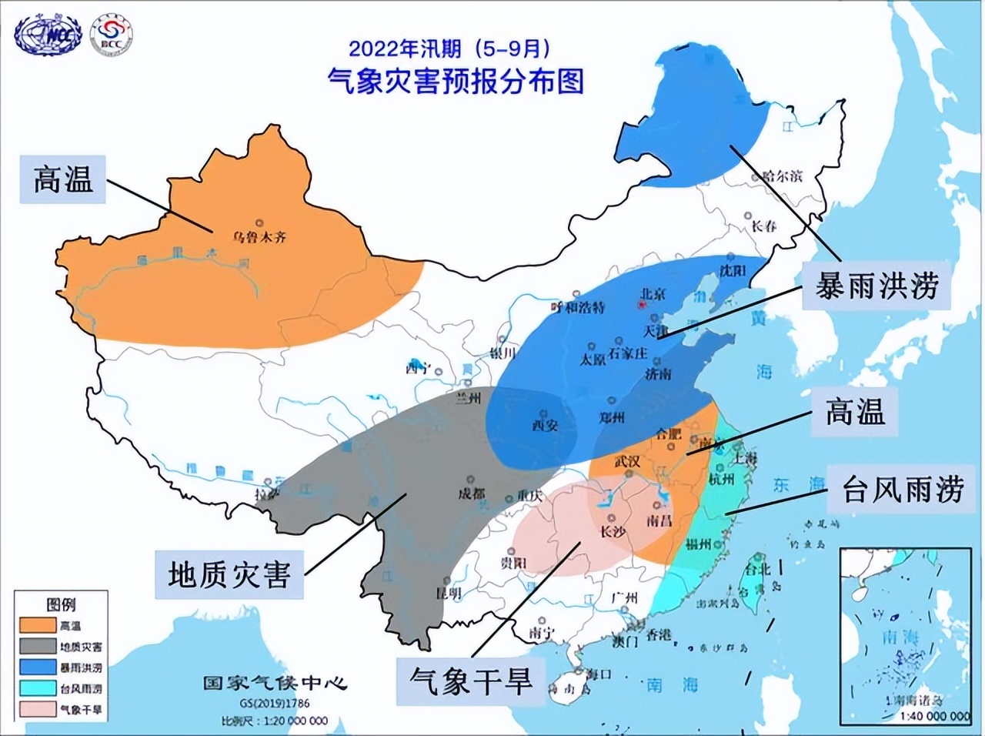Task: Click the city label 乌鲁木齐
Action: tap(260, 236)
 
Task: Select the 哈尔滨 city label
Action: tap(782, 176)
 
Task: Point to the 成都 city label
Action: tap(472, 493)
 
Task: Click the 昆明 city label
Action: tap(448, 593)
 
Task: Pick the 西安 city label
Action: tap(545, 425)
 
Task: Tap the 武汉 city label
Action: tap(627, 461)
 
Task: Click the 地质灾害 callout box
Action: tap(229, 574)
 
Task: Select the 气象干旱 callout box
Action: tap(470, 681)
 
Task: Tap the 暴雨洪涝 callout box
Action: tap(876, 286)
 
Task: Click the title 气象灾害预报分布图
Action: tap(455, 80)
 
